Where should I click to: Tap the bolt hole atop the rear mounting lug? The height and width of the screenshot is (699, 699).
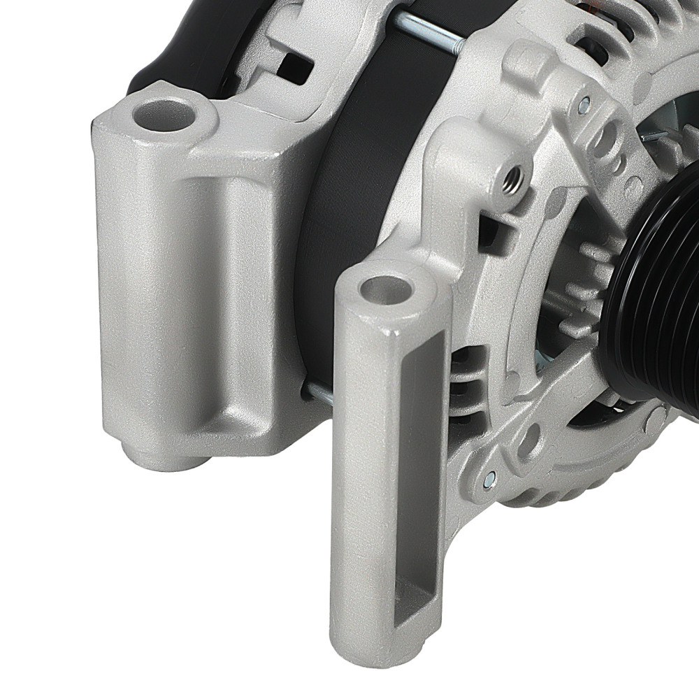163,114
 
